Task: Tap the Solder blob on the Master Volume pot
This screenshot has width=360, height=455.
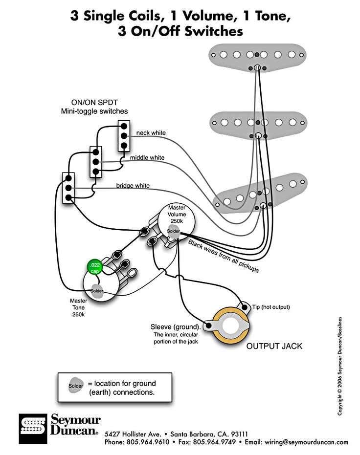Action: (173, 231)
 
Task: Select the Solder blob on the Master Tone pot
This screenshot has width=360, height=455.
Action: (97, 291)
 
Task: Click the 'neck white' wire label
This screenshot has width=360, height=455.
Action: (151, 132)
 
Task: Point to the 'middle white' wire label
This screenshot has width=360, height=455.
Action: (147, 157)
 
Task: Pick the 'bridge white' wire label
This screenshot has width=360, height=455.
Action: (133, 185)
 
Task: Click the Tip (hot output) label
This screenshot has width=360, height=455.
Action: (271, 307)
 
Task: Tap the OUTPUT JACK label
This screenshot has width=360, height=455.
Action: (274, 346)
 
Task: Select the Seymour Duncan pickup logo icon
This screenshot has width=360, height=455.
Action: (33, 429)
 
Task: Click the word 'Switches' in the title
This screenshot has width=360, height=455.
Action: (214, 31)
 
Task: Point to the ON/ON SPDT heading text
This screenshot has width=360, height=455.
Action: (94, 103)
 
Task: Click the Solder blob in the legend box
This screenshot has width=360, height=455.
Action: (76, 386)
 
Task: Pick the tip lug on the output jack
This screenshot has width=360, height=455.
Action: (245, 307)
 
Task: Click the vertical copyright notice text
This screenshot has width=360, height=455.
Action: (339, 366)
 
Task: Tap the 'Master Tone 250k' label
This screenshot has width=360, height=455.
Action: (78, 307)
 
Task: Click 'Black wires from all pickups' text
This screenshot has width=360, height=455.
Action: (224, 256)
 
